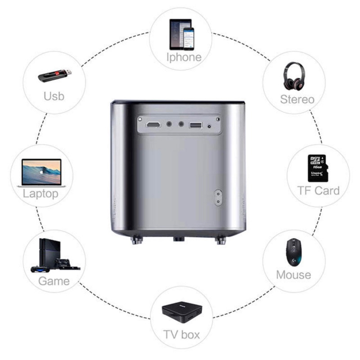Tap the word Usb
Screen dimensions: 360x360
click(54, 96)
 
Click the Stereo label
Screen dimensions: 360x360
click(297, 99)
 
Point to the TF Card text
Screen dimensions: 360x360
click(318, 190)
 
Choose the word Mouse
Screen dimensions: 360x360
click(293, 274)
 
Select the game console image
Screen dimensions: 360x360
click(53, 256)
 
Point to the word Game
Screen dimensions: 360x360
click(54, 282)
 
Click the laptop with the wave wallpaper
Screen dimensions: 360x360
click(41, 172)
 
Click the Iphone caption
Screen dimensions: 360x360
click(184, 57)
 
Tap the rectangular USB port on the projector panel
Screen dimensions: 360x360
click(196, 124)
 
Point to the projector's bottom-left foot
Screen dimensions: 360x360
click(135, 240)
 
